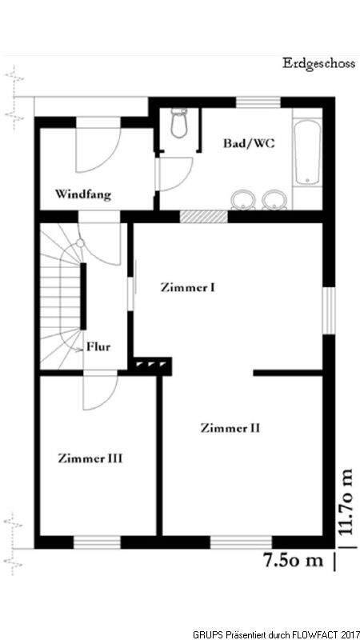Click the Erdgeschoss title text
tap(318, 64)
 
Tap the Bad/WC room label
tap(249, 143)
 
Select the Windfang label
tap(83, 194)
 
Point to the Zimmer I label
tap(188, 287)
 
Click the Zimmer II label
tap(230, 428)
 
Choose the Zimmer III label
tap(90, 458)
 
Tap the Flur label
tap(98, 347)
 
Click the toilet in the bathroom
tap(178, 122)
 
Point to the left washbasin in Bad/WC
tap(244, 200)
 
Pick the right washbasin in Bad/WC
tap(274, 200)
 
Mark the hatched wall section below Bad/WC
tap(204, 216)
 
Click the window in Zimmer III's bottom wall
tap(97, 542)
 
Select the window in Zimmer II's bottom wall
tap(242, 542)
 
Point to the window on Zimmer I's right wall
tap(329, 310)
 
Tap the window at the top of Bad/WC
tap(258, 102)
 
